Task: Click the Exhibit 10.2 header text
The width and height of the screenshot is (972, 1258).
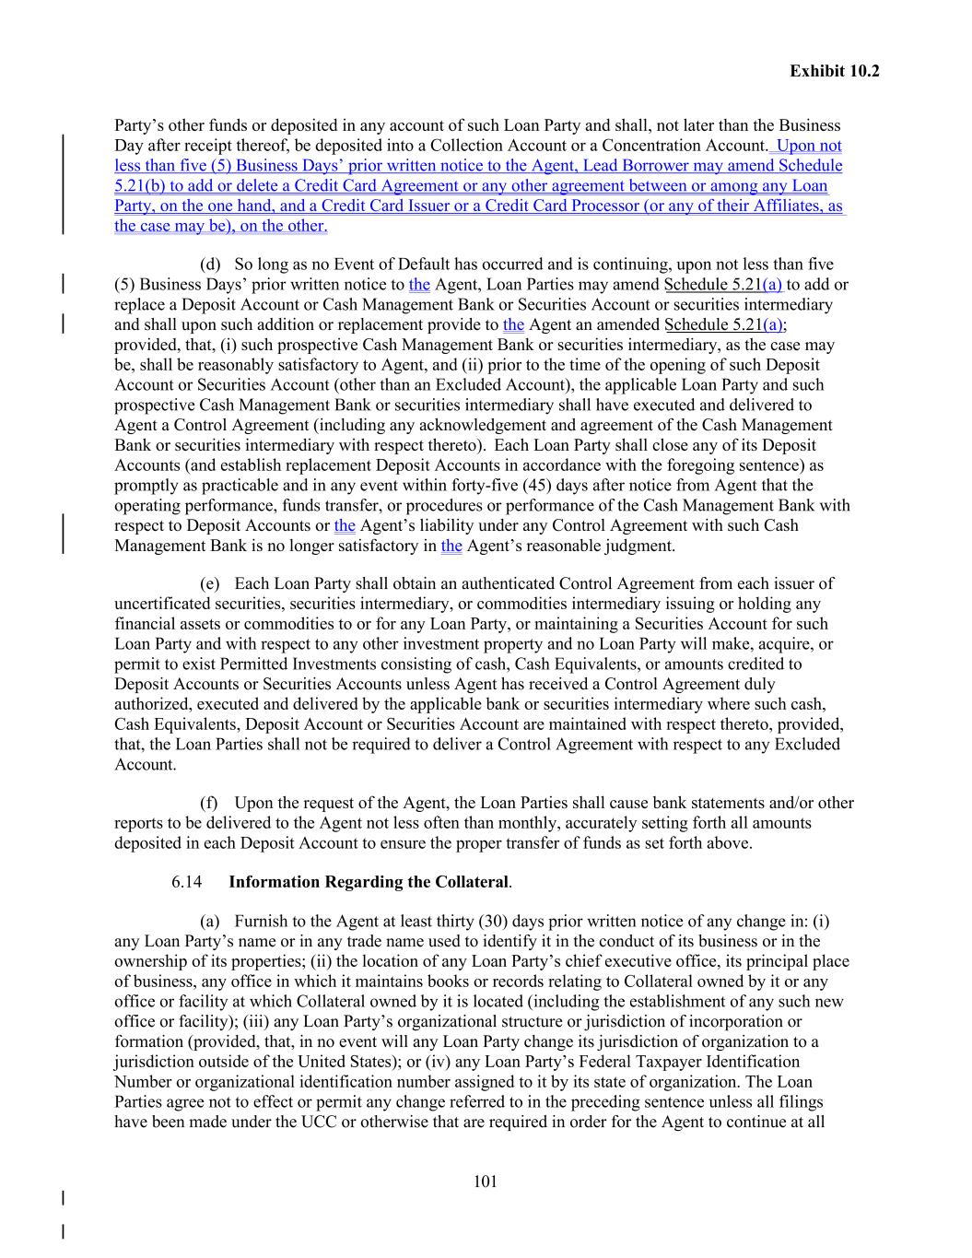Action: (x=834, y=71)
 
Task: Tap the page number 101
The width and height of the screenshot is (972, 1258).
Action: (x=486, y=1182)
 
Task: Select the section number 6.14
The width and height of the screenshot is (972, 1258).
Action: (x=186, y=882)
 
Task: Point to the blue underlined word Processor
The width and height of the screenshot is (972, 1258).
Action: (x=605, y=206)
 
